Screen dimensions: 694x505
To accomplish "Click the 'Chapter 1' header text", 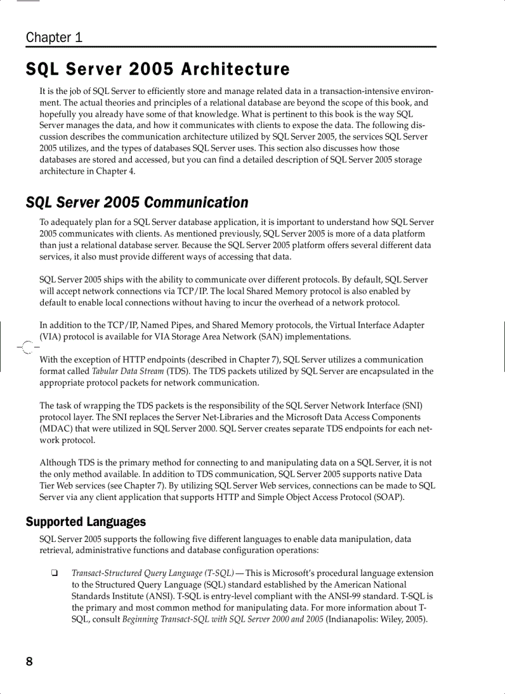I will coord(54,37).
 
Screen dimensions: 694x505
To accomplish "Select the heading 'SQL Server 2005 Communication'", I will coord(137,203).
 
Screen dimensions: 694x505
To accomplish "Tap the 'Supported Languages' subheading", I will coord(85,522).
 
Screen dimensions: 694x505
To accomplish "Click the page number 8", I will coord(29,662).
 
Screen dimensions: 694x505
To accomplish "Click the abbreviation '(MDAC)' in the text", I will coord(58,429).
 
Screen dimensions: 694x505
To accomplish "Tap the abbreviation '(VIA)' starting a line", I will coord(51,337).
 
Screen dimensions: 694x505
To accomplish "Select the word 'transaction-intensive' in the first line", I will coord(360,91).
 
